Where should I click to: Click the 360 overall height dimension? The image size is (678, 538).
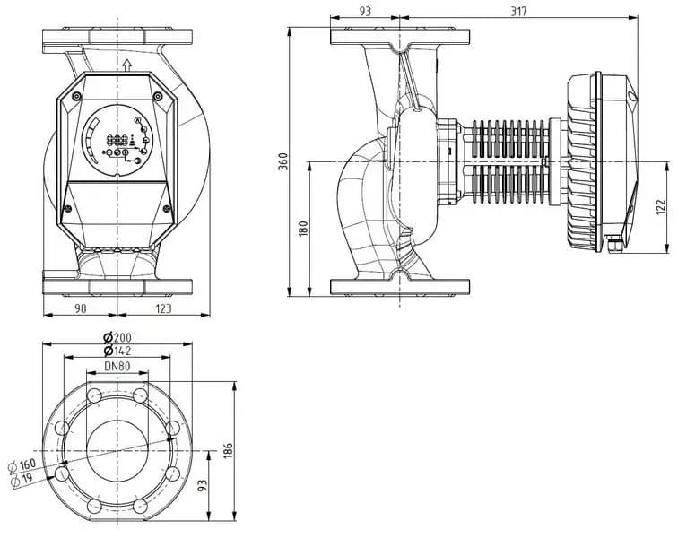point(283,161)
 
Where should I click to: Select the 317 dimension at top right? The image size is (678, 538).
point(518,11)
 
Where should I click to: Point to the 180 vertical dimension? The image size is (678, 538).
point(303,228)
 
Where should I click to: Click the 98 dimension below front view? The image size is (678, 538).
point(80,308)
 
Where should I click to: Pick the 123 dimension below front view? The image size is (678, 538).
point(162,308)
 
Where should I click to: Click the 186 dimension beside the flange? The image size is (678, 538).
point(229,447)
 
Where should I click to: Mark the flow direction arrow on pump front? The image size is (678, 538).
point(126,64)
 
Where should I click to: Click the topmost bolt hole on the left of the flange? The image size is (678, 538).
point(95,396)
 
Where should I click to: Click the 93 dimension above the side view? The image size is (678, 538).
point(365,11)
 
